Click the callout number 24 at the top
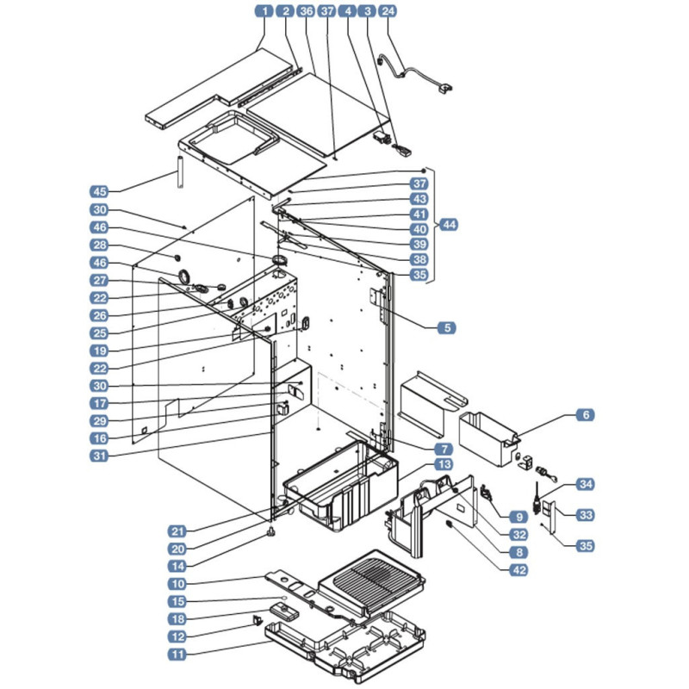coord(388,11)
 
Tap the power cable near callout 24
coord(413,74)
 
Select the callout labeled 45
coord(100,191)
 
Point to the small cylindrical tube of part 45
coord(180,171)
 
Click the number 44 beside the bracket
coord(449,225)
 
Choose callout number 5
coord(447,328)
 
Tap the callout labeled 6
coord(586,415)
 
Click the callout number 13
coord(444,464)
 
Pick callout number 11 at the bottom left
coord(177,655)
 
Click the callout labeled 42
coord(519,570)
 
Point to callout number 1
coord(264,11)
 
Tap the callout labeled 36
coord(306,11)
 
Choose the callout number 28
coord(100,245)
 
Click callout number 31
coord(100,456)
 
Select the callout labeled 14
coord(177,567)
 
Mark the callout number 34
coord(586,484)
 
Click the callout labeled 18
coord(177,619)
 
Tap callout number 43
coord(419,199)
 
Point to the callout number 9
coord(519,518)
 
